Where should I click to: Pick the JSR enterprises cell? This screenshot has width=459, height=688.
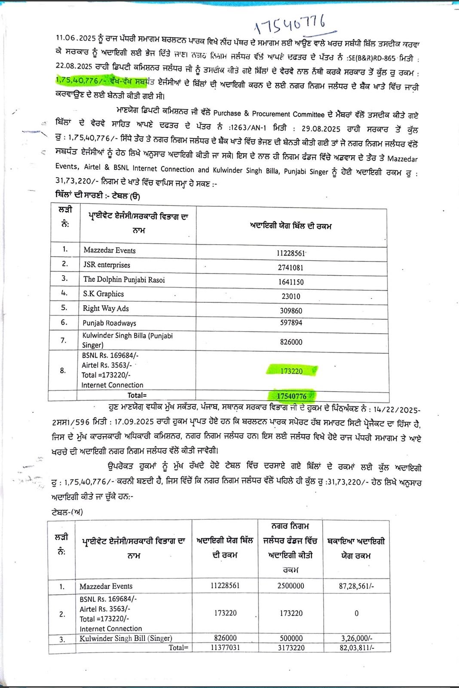(x=107, y=265)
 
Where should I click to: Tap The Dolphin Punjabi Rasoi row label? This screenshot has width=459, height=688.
(x=124, y=279)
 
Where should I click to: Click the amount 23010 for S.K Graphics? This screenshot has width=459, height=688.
(x=291, y=296)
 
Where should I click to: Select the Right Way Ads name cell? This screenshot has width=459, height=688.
(x=106, y=308)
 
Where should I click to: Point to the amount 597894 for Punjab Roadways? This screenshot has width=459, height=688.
(x=291, y=322)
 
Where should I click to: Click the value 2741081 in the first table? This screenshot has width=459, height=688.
(x=291, y=267)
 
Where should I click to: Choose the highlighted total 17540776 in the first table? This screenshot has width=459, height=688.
(x=291, y=396)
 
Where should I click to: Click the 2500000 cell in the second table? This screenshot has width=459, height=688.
(x=291, y=586)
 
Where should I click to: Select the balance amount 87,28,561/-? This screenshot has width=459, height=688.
(x=356, y=586)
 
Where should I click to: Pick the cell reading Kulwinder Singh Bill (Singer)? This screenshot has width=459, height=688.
(x=125, y=639)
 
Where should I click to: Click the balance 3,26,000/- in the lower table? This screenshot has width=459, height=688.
(x=356, y=639)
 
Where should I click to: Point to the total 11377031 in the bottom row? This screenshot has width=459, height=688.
(x=225, y=647)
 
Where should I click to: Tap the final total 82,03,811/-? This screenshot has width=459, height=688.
(x=356, y=647)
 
